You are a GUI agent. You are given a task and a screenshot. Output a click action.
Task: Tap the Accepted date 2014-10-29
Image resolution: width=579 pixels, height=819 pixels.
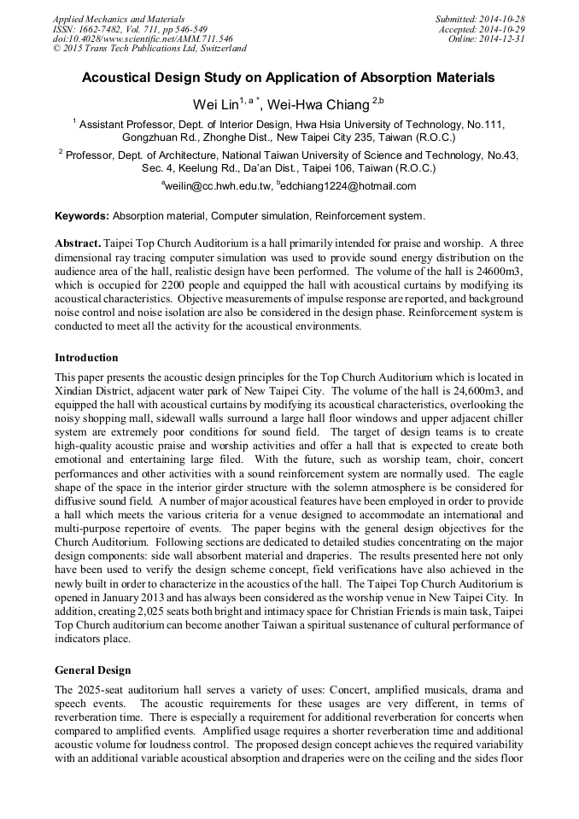tap(505, 28)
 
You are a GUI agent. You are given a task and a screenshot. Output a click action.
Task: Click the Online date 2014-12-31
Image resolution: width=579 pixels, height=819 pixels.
tap(505, 38)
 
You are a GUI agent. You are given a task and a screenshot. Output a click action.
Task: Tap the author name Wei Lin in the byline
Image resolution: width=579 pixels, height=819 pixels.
tap(213, 104)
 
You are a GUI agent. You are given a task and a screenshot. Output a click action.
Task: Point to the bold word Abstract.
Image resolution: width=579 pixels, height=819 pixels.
tap(77, 243)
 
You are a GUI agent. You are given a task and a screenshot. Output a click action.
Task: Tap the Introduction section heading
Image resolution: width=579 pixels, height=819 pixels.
tap(86, 357)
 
